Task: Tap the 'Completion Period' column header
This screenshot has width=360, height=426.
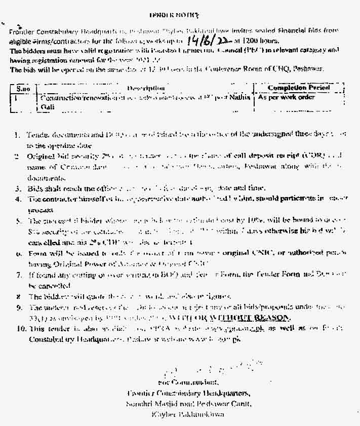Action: [x=299, y=88]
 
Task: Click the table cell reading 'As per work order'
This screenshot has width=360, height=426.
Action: [x=286, y=97]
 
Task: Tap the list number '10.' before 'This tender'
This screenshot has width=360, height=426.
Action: [x=19, y=328]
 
